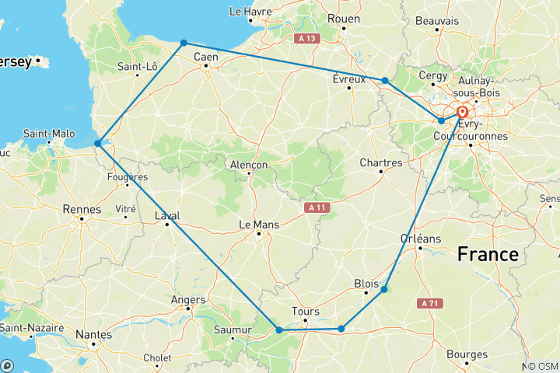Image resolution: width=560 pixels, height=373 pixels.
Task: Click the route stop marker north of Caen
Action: (x=184, y=44)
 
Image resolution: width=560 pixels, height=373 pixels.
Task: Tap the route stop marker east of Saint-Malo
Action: (x=97, y=143)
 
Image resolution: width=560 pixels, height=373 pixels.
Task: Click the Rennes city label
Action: (x=83, y=209)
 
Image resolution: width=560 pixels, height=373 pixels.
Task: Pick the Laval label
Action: (x=167, y=216)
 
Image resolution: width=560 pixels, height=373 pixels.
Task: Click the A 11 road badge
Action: (x=314, y=207)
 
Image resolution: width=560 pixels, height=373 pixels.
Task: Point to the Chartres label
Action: (x=381, y=163)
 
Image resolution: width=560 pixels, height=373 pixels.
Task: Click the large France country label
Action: (x=488, y=253)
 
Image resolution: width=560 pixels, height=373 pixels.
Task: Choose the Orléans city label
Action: (x=420, y=239)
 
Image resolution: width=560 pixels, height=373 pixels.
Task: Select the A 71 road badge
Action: (x=432, y=302)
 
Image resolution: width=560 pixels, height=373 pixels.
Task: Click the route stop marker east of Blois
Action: (x=384, y=289)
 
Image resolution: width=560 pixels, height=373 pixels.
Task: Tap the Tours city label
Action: (x=305, y=312)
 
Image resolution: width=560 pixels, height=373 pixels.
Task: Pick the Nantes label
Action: (x=93, y=335)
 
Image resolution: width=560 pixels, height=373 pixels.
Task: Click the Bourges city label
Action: (x=467, y=354)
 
